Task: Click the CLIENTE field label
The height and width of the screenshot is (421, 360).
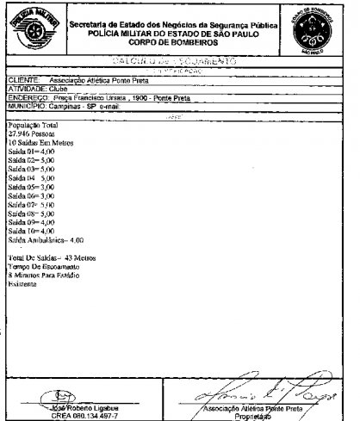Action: pyautogui.click(x=24, y=79)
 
